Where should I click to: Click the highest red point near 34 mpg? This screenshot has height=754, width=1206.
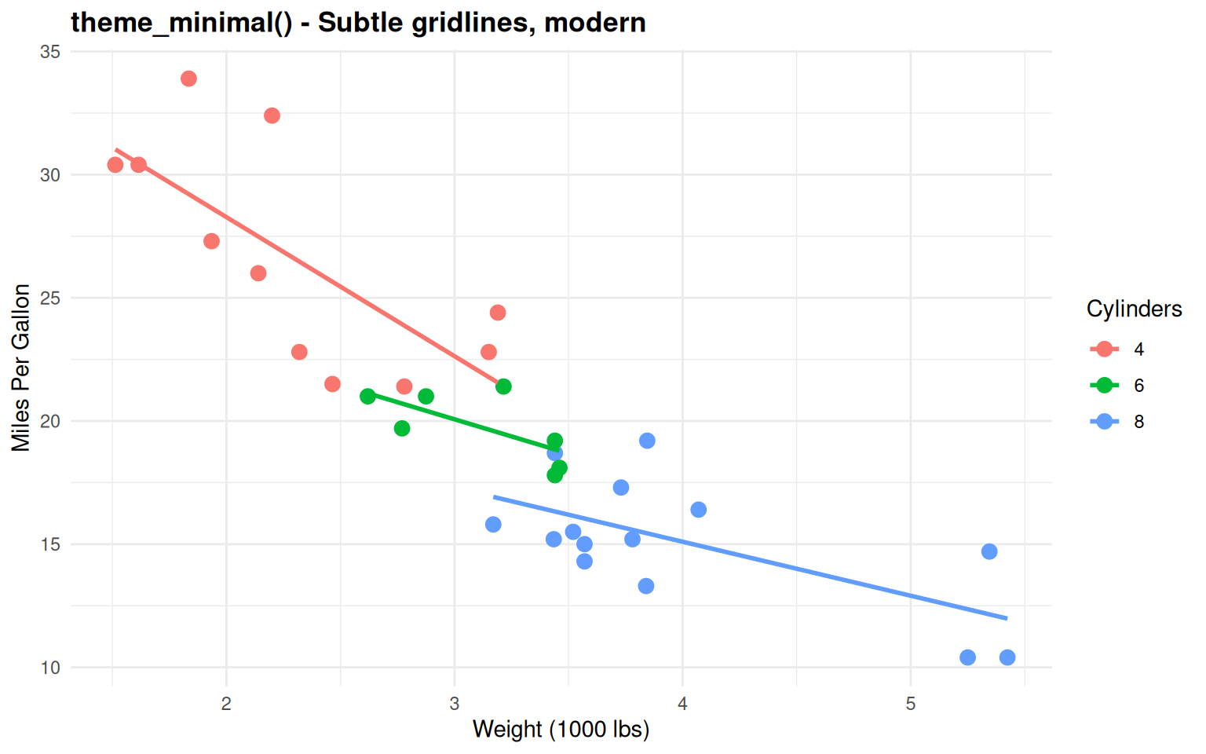pos(188,79)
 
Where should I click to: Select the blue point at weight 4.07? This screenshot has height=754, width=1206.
pos(698,510)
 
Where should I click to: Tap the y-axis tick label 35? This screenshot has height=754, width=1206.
pos(50,52)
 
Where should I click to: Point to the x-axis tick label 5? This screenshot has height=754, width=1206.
pos(910,704)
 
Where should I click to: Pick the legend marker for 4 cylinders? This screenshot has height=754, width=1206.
pos(1105,350)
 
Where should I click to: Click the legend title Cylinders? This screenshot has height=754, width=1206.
pos(1134,309)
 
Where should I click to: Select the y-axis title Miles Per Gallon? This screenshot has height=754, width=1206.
pos(21,368)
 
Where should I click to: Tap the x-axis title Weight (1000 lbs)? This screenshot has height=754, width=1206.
pos(561,730)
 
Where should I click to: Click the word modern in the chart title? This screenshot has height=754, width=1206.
pos(594,22)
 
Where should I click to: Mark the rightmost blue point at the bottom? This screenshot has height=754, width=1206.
pos(1007,657)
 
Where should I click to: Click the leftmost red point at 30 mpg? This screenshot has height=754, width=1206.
pos(115,164)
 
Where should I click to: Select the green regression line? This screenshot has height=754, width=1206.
pos(463,423)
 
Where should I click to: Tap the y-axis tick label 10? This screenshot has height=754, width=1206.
pos(50,668)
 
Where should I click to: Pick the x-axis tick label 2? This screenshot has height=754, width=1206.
pos(226,704)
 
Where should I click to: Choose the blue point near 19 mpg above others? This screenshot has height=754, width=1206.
pos(647,441)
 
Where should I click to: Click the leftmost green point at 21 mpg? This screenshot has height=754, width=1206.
pos(367,397)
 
